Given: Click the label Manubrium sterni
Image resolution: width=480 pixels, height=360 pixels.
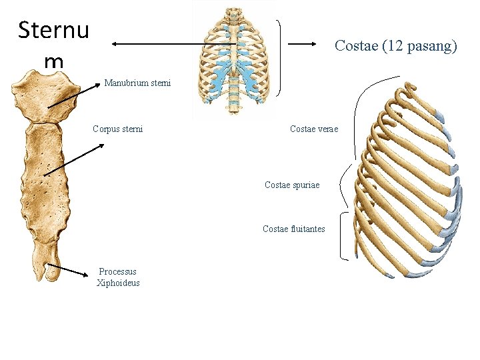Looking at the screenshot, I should click(137, 83).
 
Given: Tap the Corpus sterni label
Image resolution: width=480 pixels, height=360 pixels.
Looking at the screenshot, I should click(118, 129).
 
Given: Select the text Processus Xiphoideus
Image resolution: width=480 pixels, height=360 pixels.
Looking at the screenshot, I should click(118, 277).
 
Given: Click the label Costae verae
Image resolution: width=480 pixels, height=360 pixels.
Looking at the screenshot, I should click(314, 129).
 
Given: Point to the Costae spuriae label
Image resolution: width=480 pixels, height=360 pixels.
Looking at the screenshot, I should click(292, 184).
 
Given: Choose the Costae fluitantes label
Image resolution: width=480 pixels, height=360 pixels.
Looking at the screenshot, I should click(294, 229).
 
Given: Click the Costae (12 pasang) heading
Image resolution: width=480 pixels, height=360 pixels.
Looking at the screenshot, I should click(395, 46).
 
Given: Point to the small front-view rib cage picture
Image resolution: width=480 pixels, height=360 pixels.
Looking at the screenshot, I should click(234, 60).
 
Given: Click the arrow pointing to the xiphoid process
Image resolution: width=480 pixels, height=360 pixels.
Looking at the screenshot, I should click(69, 270).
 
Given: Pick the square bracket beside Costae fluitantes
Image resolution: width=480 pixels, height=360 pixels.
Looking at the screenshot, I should click(344, 235).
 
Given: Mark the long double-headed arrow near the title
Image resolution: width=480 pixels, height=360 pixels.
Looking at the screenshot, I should click(173, 45).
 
